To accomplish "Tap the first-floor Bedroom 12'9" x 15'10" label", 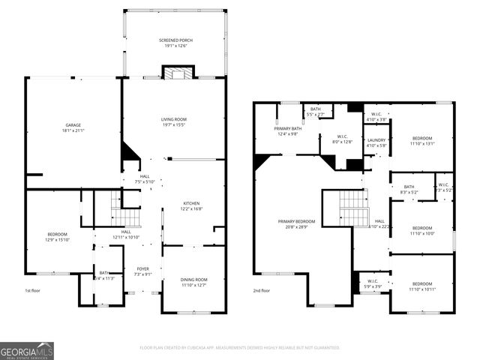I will pyautogui.click(x=58, y=237).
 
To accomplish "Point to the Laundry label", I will pyautogui.click(x=375, y=142).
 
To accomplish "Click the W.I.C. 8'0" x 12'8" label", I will pyautogui.click(x=341, y=139).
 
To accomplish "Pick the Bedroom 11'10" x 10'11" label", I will pyautogui.click(x=422, y=286).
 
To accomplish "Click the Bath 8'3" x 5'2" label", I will pyautogui.click(x=409, y=190).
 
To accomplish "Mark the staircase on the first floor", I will pyautogui.click(x=125, y=214).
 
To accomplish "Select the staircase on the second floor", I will pyautogui.click(x=353, y=208).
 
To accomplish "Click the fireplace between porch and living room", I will pyautogui.click(x=178, y=73).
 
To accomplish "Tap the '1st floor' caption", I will pyautogui.click(x=33, y=290).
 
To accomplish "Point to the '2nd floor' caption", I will pyautogui.click(x=261, y=290).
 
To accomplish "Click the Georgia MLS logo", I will pyautogui.click(x=27, y=350).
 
